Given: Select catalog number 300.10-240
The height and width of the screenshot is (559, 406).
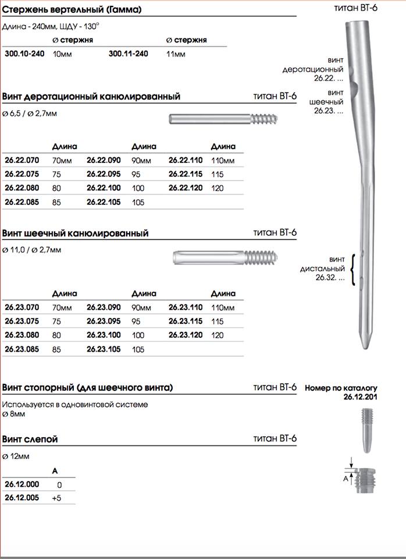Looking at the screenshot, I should point(24,54).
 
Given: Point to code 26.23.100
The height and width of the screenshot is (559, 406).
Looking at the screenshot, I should point(104,335).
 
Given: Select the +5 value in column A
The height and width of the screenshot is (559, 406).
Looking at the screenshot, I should point(56,498).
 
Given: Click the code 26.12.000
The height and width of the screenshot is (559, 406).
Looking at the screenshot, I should point(21,484).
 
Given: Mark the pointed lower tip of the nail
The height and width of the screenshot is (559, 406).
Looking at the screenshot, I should point(364,344).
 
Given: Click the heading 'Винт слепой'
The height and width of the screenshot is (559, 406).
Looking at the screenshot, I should point(30,439).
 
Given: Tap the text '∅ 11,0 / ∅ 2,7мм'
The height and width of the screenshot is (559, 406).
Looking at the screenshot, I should point(31,249).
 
